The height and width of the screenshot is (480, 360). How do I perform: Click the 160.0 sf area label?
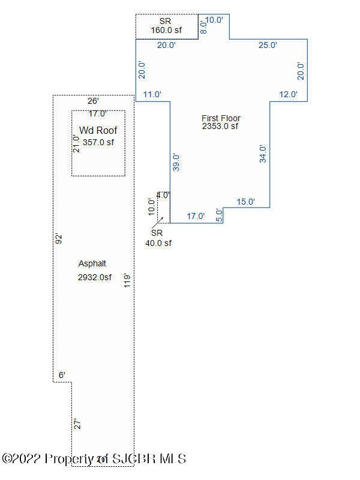point(166,29)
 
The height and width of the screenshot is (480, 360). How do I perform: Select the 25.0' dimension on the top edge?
point(268,45)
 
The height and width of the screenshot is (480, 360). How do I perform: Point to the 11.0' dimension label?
point(153,94)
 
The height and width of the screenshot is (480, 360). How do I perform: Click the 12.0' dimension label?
point(289,94)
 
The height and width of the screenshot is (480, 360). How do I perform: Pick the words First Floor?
point(221,118)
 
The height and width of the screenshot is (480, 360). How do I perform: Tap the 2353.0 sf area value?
point(220,127)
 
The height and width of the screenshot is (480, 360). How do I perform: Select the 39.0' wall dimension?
point(176,163)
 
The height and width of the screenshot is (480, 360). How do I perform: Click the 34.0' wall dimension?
point(262,154)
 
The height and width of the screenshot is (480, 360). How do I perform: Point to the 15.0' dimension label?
point(245,202)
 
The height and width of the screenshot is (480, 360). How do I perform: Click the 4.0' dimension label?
point(163,195)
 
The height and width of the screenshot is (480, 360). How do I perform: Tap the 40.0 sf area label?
point(158,243)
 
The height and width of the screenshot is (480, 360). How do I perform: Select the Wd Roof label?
point(98,130)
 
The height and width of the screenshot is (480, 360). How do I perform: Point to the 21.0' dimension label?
point(76,143)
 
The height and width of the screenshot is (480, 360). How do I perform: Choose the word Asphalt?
point(92,263)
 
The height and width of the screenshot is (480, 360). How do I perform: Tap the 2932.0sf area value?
point(95,277)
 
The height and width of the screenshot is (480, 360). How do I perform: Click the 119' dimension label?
point(127,280)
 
